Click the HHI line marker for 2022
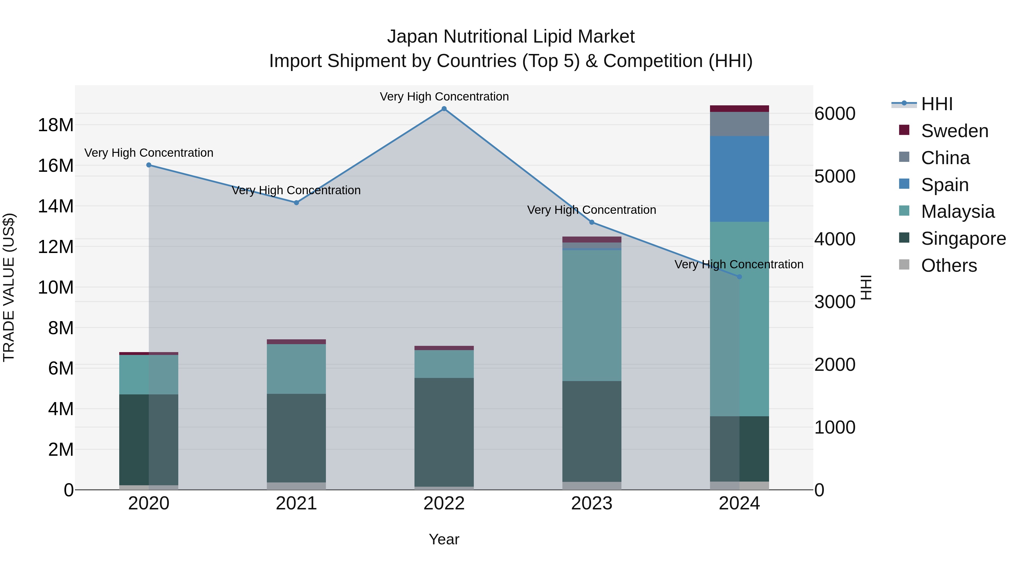pyautogui.click(x=444, y=109)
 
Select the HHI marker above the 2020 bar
pyautogui.click(x=149, y=165)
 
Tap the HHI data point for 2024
pyautogui.click(x=739, y=277)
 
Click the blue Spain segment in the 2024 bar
pyautogui.click(x=739, y=179)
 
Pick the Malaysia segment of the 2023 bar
pyautogui.click(x=592, y=315)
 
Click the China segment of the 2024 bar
pyautogui.click(x=739, y=124)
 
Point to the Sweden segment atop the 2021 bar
pyautogui.click(x=296, y=342)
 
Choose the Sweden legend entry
pyautogui.click(x=954, y=131)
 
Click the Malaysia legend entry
pyautogui.click(x=957, y=212)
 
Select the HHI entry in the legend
pyautogui.click(x=936, y=104)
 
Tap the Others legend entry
pyautogui.click(x=948, y=265)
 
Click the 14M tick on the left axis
pyautogui.click(x=56, y=206)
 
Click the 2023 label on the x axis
pyautogui.click(x=592, y=503)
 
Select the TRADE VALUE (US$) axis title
pyautogui.click(x=9, y=287)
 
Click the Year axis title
pyautogui.click(x=444, y=539)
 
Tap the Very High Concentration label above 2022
pyautogui.click(x=444, y=97)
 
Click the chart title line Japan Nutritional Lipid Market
pyautogui.click(x=511, y=37)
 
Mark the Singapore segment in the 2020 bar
pyautogui.click(x=134, y=439)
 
